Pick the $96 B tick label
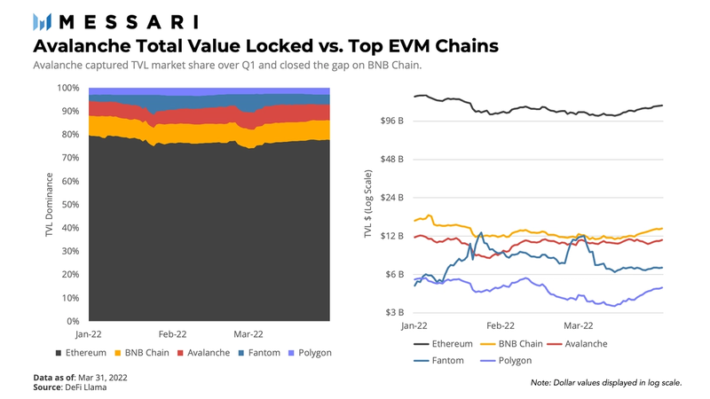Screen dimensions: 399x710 [391, 121]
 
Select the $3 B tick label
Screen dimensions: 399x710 [394, 313]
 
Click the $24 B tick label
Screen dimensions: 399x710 [391, 198]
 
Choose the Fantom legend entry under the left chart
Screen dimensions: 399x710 [259, 353]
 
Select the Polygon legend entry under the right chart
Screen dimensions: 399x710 [505, 361]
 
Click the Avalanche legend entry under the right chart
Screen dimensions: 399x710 [586, 343]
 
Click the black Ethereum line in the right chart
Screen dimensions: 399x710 [532, 108]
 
